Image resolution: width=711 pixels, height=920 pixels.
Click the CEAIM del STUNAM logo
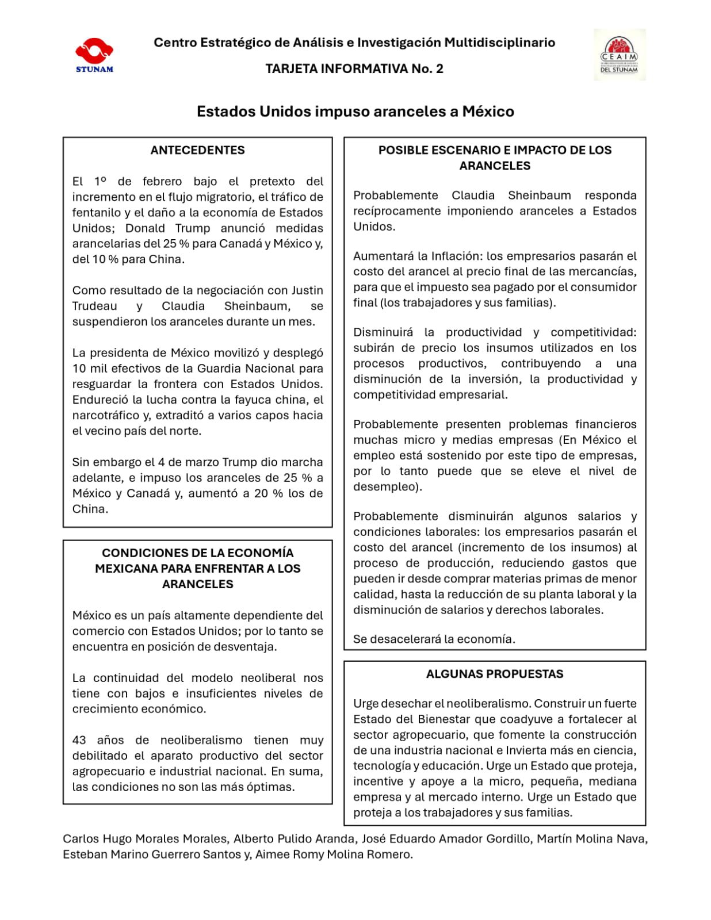click(619, 55)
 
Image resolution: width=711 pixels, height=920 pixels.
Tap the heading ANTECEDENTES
click(197, 150)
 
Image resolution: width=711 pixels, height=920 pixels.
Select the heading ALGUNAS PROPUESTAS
click(495, 674)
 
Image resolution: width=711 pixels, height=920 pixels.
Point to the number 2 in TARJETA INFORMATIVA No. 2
click(439, 69)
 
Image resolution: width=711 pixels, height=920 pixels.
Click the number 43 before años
click(79, 740)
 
